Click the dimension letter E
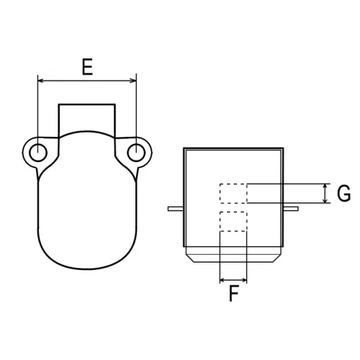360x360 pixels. (x=86, y=68)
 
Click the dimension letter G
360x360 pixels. (x=343, y=193)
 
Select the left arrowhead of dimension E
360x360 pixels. (x=41, y=81)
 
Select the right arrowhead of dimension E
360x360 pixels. (x=132, y=81)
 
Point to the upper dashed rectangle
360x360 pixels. (x=233, y=194)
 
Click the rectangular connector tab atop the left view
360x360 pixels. (x=86, y=115)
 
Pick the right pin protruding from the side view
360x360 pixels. (x=290, y=208)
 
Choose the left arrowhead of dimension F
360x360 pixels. (x=222, y=279)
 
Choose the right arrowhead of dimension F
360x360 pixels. (x=243, y=279)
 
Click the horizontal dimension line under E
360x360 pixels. (x=86, y=81)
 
